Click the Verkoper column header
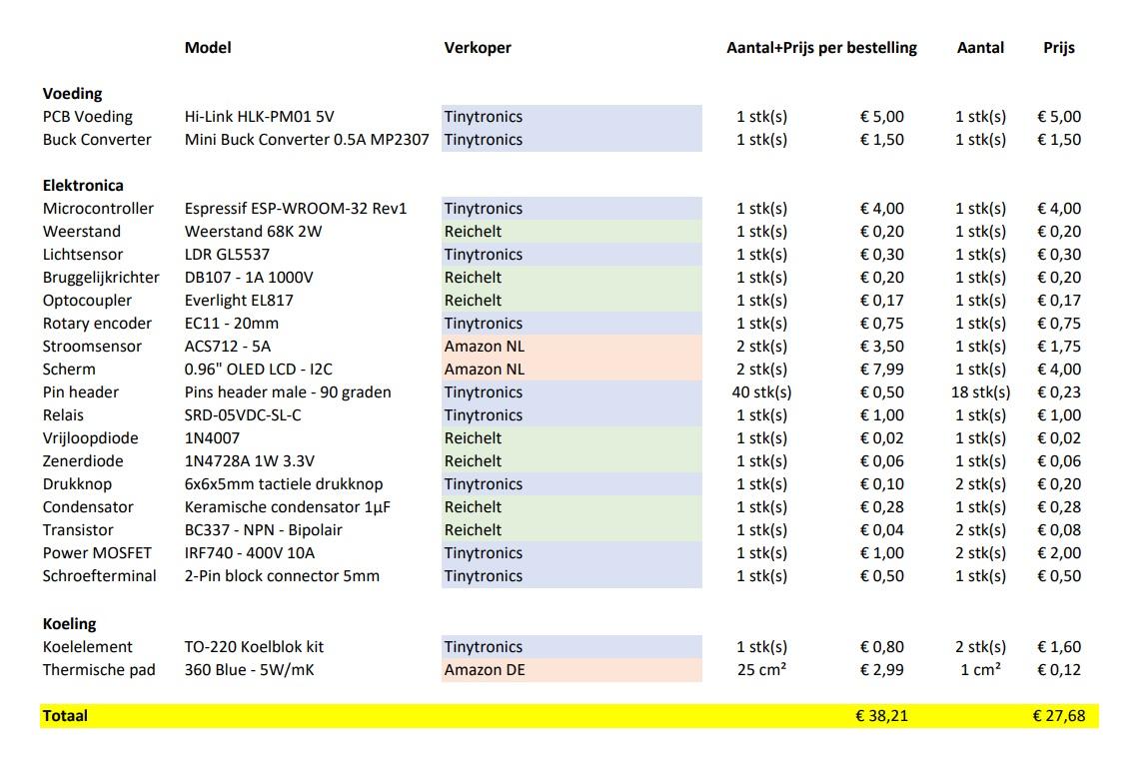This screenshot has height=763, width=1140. tap(478, 47)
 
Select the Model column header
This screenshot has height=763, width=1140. tap(208, 47)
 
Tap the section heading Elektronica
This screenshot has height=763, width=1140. tap(83, 185)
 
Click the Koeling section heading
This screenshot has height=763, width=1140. tap(69, 623)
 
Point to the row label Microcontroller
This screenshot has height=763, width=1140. tap(98, 208)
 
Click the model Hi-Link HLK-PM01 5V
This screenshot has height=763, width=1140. tap(260, 116)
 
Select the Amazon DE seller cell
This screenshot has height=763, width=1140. tap(485, 669)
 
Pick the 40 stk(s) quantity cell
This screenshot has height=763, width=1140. tap(761, 391)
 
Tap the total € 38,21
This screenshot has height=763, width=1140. tap(881, 715)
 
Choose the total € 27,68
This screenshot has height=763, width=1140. tap(1059, 715)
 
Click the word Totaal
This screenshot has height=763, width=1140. tap(65, 715)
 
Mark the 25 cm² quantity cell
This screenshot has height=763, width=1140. tap(761, 669)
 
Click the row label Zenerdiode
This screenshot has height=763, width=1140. tap(83, 460)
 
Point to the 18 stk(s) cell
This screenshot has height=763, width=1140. tap(980, 391)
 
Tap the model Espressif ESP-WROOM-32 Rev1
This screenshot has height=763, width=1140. tap(296, 208)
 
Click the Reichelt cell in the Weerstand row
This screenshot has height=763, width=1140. tap(473, 231)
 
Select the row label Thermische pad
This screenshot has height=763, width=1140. tap(99, 669)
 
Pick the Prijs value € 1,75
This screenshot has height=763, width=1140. tap(1059, 346)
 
